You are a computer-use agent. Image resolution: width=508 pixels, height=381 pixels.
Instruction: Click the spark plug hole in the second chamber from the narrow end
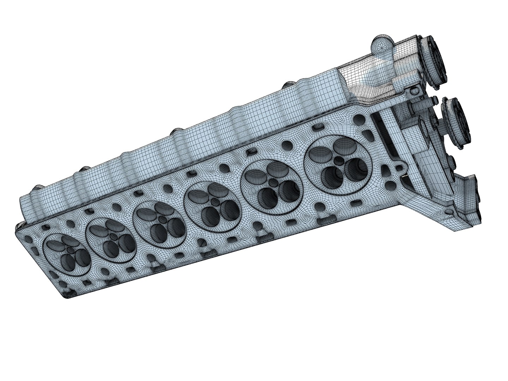[x=114, y=235]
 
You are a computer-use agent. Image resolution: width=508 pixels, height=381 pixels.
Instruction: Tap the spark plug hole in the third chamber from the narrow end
[x=162, y=219]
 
